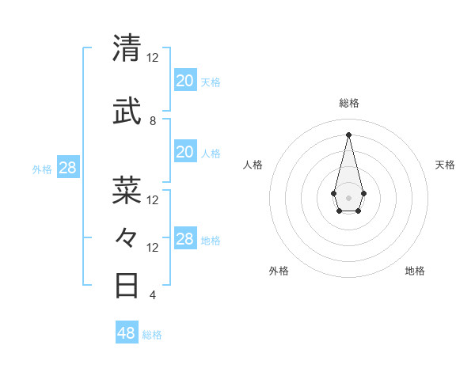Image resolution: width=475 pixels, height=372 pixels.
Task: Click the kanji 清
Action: [127, 48]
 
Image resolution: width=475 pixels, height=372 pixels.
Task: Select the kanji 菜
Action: [127, 190]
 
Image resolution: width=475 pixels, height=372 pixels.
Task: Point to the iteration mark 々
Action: [127, 237]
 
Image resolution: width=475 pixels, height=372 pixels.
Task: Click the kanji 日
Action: [127, 285]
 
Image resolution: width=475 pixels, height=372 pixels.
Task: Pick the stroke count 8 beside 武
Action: [153, 121]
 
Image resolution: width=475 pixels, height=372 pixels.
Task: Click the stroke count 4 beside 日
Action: [153, 295]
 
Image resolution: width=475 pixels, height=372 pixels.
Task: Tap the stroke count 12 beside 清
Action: [153, 58]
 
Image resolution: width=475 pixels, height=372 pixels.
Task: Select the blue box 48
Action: [127, 333]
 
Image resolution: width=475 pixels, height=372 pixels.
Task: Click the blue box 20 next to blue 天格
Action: [184, 80]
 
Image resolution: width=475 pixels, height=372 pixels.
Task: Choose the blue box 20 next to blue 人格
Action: [184, 152]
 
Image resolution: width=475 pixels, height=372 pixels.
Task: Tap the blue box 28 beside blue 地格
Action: [184, 239]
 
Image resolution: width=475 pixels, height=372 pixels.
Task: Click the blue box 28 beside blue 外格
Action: [68, 167]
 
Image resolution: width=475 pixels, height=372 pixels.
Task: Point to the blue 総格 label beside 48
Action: [152, 335]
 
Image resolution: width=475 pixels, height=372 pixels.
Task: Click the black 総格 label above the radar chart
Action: [348, 103]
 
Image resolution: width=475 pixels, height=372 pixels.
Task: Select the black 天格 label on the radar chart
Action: [445, 165]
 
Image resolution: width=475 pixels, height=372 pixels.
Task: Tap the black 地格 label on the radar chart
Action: [415, 271]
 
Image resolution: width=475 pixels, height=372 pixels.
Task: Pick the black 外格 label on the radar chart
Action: [279, 271]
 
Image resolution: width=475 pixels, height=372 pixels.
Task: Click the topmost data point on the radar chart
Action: [348, 134]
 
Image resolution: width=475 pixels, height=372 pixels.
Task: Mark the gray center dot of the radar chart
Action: [348, 196]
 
